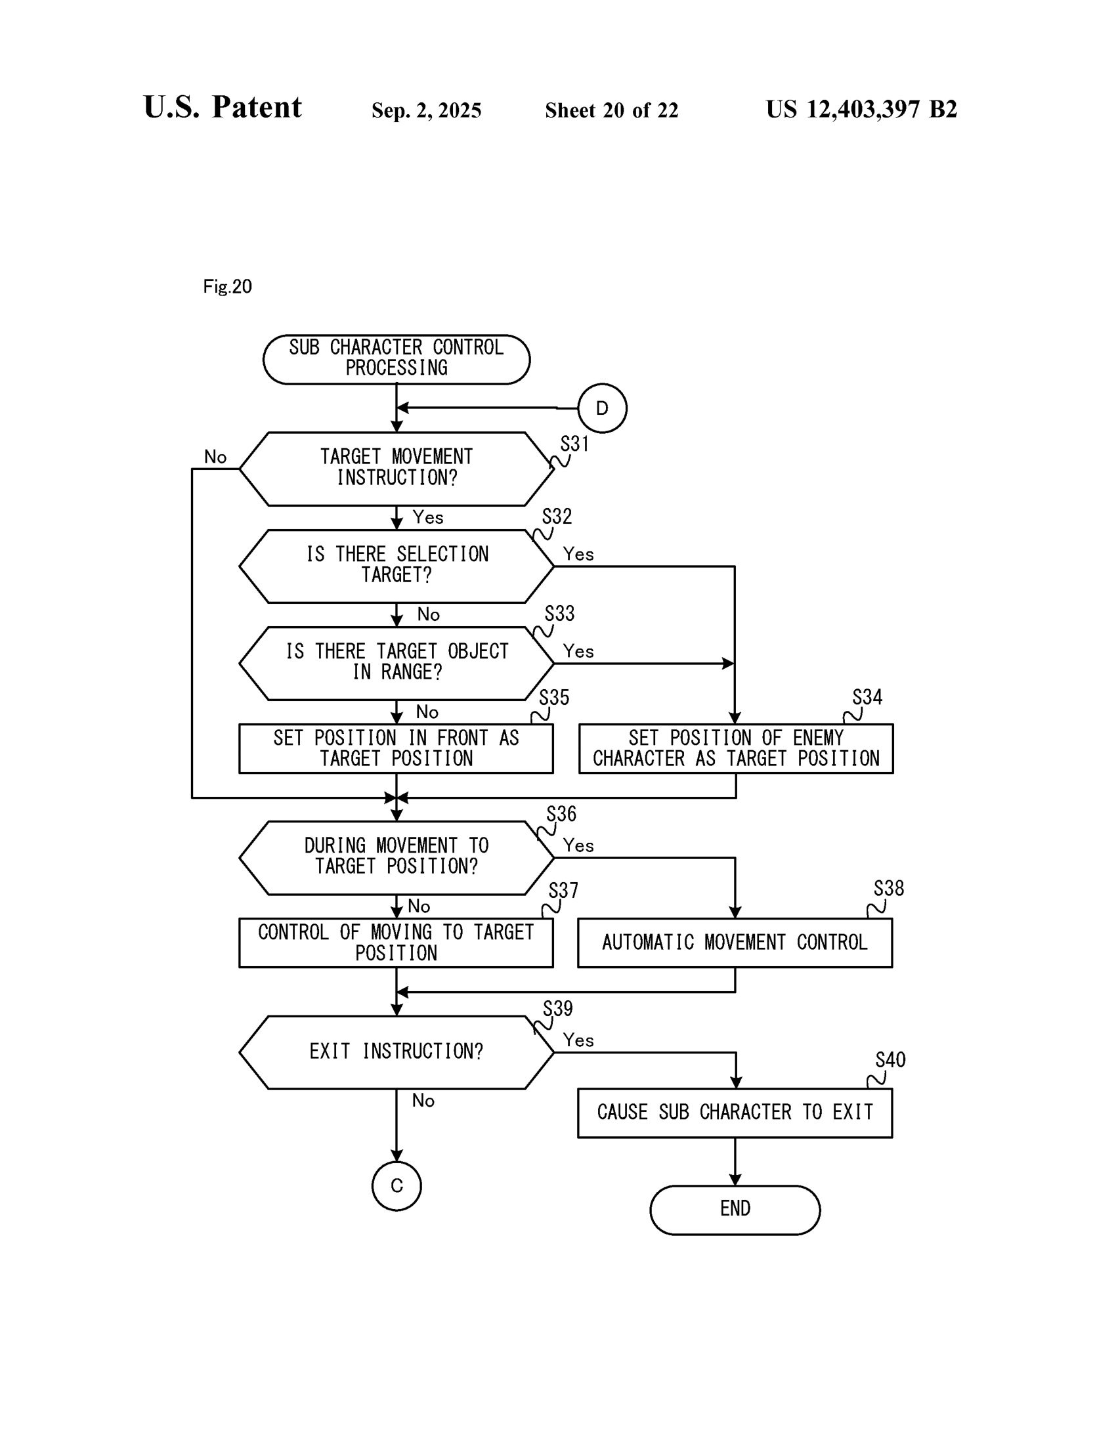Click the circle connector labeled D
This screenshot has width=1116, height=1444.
click(601, 408)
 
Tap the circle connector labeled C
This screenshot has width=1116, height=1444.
click(397, 1185)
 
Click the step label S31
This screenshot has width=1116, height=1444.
click(574, 444)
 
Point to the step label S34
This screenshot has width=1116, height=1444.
click(867, 697)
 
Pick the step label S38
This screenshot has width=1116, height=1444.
click(888, 888)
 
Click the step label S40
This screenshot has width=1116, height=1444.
click(890, 1060)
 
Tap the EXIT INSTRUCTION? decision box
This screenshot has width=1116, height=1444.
click(396, 1052)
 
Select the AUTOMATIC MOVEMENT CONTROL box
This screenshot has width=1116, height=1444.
click(735, 942)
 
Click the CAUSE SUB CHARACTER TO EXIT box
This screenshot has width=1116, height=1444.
click(735, 1112)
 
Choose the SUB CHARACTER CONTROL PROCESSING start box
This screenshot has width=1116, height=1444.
click(396, 358)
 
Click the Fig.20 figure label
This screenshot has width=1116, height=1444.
click(227, 286)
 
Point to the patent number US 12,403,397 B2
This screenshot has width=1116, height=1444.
click(861, 109)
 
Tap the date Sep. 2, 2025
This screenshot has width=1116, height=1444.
click(426, 110)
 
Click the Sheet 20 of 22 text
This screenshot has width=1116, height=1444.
click(611, 110)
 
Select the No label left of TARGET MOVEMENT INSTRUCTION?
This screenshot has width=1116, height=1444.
click(215, 457)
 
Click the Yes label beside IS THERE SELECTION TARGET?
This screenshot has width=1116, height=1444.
click(578, 554)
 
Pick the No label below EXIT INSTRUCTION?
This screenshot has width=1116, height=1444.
click(423, 1100)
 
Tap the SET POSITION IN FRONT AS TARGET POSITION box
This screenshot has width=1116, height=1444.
click(395, 748)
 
